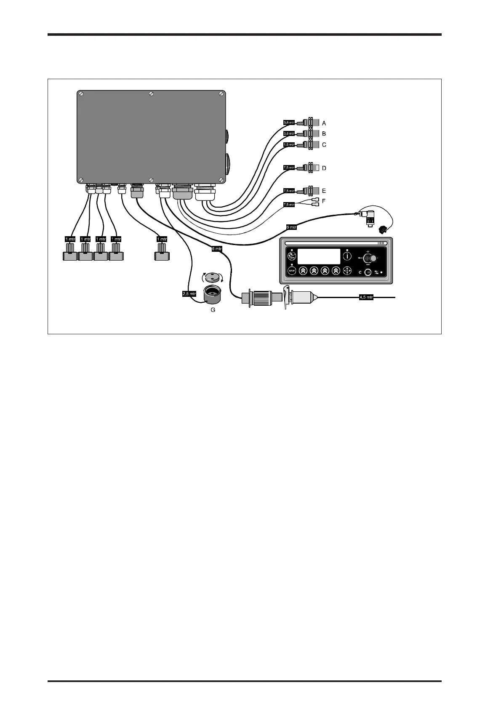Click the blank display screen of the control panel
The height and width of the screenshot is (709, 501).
tap(319, 256)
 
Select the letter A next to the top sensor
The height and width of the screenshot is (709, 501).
tap(324, 123)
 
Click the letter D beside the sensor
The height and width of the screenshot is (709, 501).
tap(324, 168)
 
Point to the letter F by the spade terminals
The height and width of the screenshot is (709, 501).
tap(324, 201)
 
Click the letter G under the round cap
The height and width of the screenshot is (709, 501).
tap(213, 310)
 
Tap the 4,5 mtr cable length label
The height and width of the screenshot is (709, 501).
tap(366, 297)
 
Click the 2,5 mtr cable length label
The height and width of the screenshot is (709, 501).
tap(189, 294)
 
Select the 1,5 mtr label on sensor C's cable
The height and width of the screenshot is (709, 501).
tap(289, 144)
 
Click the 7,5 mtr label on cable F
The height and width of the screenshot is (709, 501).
tap(289, 205)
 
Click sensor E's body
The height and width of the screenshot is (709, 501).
tap(312, 191)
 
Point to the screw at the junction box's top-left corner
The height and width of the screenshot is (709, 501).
tap(81, 93)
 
